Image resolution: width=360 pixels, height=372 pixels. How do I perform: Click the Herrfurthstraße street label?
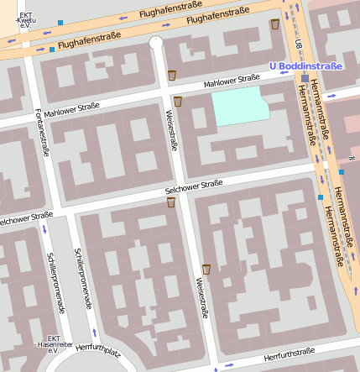[289, 355]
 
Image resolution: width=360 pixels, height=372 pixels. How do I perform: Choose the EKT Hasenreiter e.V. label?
[53, 342]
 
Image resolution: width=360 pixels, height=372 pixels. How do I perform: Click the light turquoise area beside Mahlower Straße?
[240, 108]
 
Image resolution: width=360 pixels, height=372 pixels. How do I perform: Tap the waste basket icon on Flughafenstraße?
[274, 24]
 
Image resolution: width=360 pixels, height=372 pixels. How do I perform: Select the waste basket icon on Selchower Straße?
[171, 202]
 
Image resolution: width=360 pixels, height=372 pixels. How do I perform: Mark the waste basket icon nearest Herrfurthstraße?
[206, 269]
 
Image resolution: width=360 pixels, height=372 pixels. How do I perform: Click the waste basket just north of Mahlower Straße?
[172, 76]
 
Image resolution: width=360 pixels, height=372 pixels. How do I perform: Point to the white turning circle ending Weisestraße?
[156, 42]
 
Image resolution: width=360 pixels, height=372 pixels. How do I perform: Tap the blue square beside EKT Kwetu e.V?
[60, 23]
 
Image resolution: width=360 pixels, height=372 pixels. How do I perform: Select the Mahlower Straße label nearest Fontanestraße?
[71, 109]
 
